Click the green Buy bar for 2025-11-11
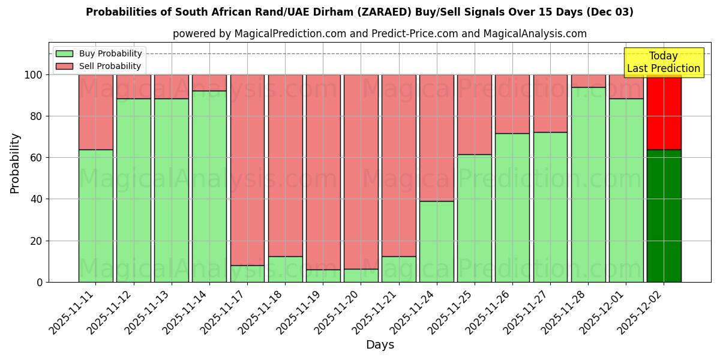pos(95,216)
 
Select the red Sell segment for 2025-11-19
pos(323,172)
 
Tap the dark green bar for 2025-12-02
pos(664,216)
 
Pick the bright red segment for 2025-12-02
pos(664,112)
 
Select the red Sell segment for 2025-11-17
pos(247,170)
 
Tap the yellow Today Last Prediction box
pos(664,62)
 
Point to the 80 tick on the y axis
pos(35,116)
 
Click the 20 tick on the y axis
pos(35,241)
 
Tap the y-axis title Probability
pos(15,163)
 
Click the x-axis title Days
pos(380,345)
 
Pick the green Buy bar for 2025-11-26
pos(512,208)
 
